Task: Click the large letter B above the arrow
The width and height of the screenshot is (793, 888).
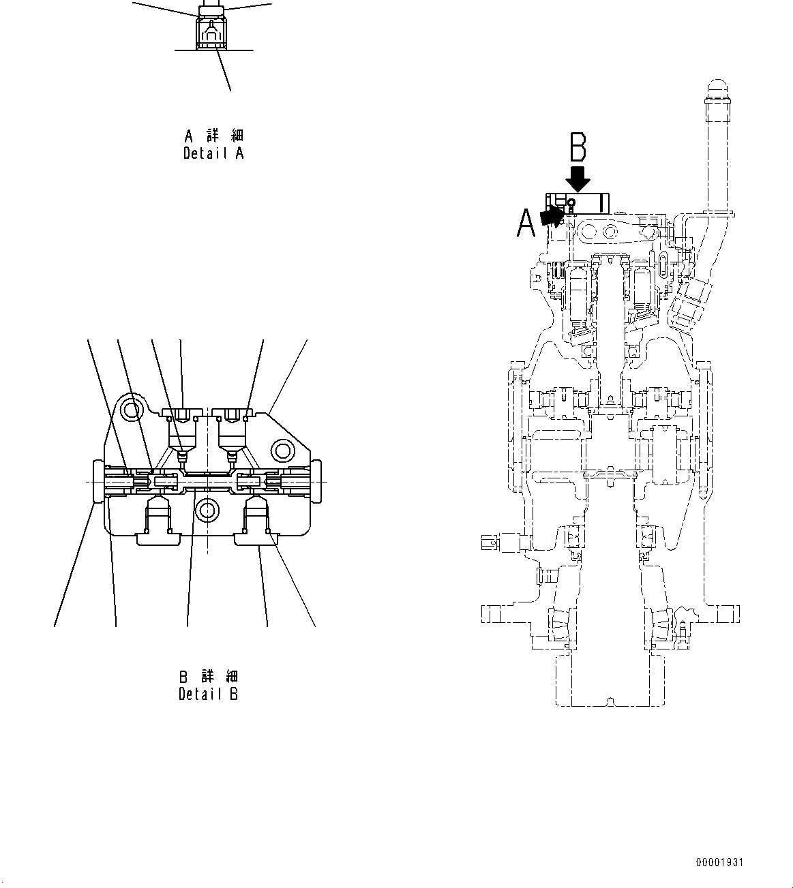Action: click(578, 147)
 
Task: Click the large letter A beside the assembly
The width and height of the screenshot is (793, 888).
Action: click(526, 223)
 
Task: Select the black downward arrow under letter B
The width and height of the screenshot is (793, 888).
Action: click(578, 179)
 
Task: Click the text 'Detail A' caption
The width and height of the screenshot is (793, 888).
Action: click(213, 153)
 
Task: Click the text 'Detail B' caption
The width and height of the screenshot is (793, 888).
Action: click(208, 694)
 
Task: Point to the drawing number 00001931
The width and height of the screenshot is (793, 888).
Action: click(719, 863)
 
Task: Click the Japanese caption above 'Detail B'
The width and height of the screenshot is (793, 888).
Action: click(209, 677)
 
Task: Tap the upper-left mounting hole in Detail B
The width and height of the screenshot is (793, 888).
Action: click(130, 410)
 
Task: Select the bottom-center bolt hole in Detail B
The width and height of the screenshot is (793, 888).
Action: click(206, 508)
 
